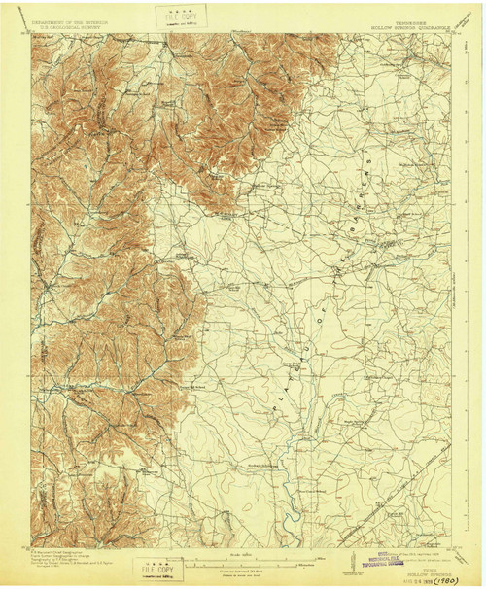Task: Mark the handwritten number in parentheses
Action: tap(450, 577)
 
